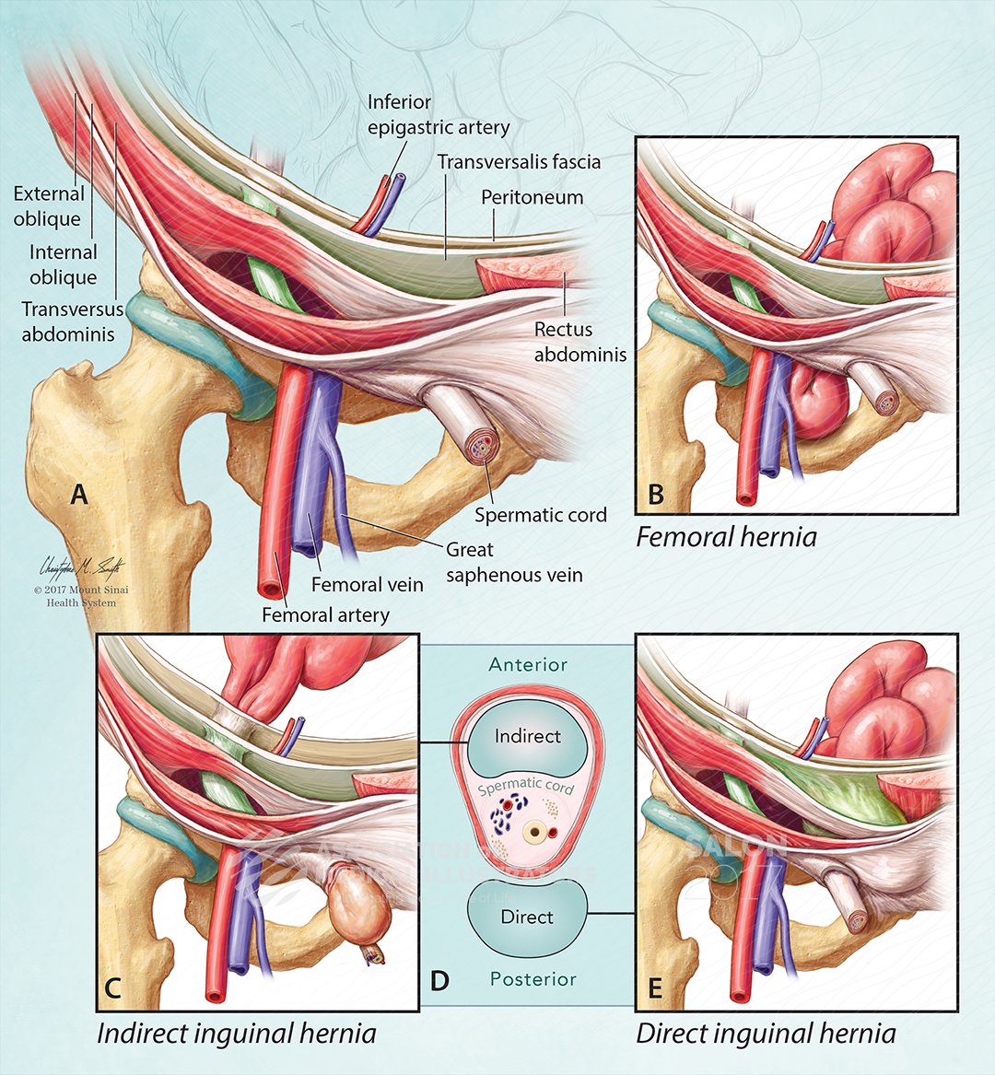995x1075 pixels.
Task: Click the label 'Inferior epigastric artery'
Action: [438, 114]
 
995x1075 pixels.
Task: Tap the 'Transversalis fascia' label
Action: [519, 162]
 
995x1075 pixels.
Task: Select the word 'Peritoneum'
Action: [532, 197]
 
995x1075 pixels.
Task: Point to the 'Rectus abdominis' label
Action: [579, 342]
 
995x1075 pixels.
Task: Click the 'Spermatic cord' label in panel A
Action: [540, 515]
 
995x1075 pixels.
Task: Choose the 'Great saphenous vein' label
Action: [514, 562]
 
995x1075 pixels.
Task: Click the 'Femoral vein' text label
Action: [367, 584]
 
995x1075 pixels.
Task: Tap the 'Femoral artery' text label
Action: [325, 614]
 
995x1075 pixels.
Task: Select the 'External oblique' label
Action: [48, 206]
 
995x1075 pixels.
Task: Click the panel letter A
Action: [80, 495]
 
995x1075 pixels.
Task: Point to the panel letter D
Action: [439, 980]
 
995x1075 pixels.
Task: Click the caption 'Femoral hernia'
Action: [726, 537]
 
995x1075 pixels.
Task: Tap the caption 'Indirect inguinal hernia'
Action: [237, 1034]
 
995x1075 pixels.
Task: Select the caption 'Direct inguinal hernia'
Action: [766, 1034]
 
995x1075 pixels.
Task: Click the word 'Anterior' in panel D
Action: [528, 664]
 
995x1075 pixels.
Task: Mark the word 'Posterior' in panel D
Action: [533, 979]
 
